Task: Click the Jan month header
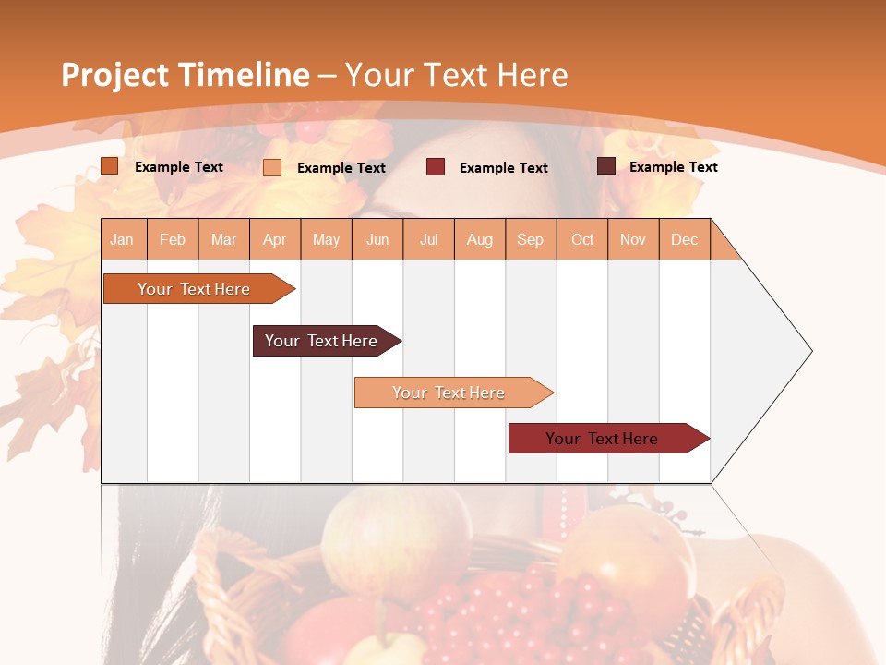122,239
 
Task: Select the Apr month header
275,239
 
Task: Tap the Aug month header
479,239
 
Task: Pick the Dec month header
684,239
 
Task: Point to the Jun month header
377,239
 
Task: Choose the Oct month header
581,239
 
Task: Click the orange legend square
110,166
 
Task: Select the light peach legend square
272,167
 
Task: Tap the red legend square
436,167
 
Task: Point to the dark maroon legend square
606,166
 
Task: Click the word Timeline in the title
244,75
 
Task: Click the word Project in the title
115,75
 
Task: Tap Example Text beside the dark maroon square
673,166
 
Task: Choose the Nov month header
632,239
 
